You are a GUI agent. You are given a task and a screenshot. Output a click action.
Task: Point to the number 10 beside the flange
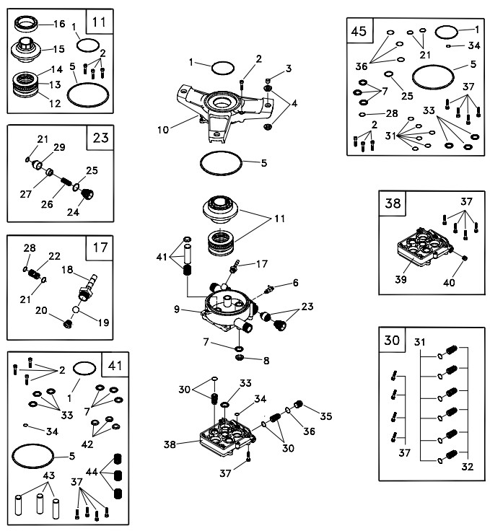[164, 131]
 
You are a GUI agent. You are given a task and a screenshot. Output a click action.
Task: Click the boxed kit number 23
[100, 138]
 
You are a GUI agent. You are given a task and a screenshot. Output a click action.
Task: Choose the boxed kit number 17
[100, 248]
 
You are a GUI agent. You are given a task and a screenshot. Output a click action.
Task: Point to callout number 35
[325, 416]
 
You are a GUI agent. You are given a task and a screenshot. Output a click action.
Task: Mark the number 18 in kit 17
[66, 270]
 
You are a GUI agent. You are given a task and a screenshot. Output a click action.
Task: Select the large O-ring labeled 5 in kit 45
[437, 74]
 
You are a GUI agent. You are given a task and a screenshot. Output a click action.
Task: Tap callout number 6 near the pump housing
[296, 281]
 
